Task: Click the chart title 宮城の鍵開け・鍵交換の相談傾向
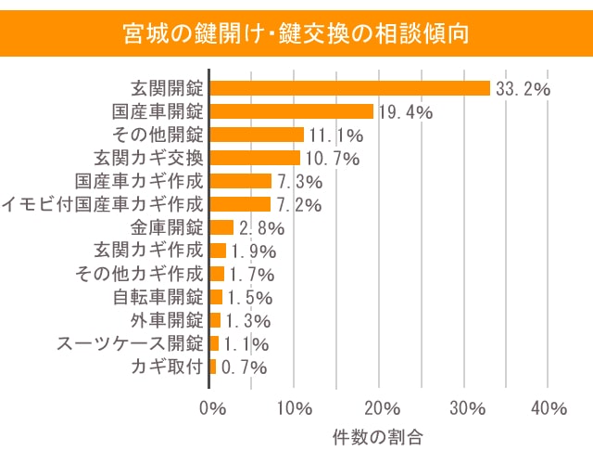click(x=296, y=34)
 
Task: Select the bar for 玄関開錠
click(x=350, y=88)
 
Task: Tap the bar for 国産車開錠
click(x=292, y=111)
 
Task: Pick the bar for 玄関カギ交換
click(x=256, y=158)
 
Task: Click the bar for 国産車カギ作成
click(x=241, y=181)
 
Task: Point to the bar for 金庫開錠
click(x=222, y=227)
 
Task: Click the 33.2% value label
click(x=524, y=90)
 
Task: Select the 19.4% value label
click(x=406, y=113)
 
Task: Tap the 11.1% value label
click(x=335, y=136)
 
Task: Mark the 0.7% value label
click(x=244, y=367)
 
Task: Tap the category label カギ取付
click(x=167, y=367)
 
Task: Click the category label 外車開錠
click(x=166, y=320)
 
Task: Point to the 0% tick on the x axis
click(x=213, y=408)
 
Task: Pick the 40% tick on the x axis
click(x=549, y=408)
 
